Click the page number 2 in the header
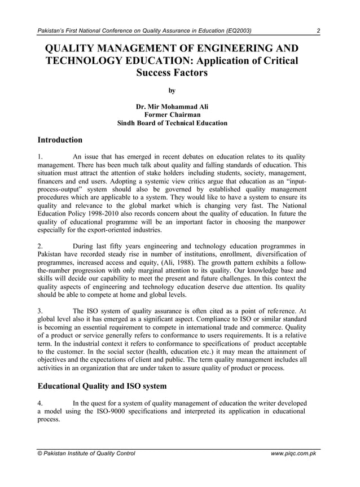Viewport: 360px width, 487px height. coord(319,30)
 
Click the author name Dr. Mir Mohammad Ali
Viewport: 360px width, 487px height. coord(172,106)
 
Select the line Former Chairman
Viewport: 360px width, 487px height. coord(172,115)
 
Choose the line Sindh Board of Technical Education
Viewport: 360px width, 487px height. coord(172,123)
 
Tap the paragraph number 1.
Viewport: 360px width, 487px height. coord(39,156)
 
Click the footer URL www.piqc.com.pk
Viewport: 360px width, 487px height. coord(293,453)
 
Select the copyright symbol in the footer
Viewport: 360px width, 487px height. coord(39,453)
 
